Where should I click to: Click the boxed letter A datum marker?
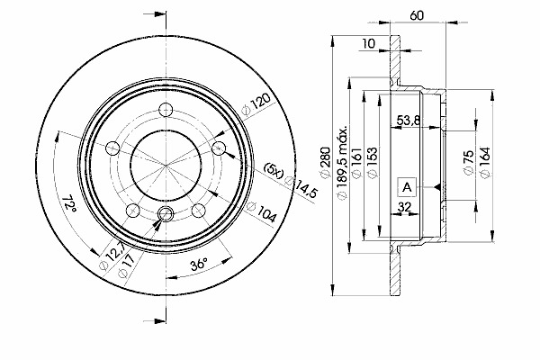tap(407, 187)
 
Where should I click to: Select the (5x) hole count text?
tap(274, 168)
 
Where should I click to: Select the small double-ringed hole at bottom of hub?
tap(167, 213)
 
